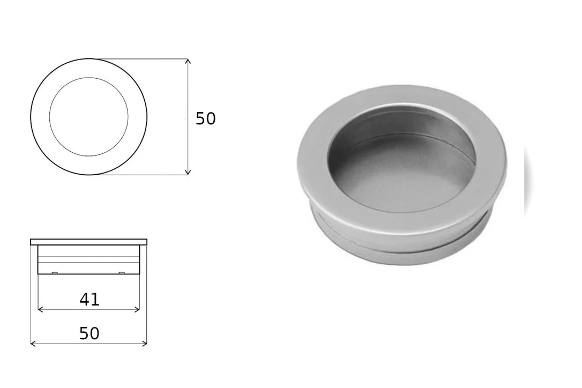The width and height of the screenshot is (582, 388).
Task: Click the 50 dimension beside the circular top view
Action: click(x=205, y=119)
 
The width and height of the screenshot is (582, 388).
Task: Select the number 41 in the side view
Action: click(x=89, y=300)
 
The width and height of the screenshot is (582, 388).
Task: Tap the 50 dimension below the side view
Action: click(x=89, y=333)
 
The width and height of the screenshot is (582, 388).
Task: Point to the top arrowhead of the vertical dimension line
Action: click(x=188, y=62)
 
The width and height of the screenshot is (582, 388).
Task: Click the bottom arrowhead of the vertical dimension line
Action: click(x=188, y=171)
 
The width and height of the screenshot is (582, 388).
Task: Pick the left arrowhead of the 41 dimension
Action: click(x=41, y=309)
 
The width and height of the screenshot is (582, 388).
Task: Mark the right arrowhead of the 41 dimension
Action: click(x=137, y=309)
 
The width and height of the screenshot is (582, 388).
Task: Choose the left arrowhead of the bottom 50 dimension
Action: click(x=33, y=344)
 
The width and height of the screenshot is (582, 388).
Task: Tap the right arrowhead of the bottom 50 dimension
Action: click(x=144, y=344)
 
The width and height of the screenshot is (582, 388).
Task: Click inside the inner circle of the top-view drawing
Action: click(x=89, y=117)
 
